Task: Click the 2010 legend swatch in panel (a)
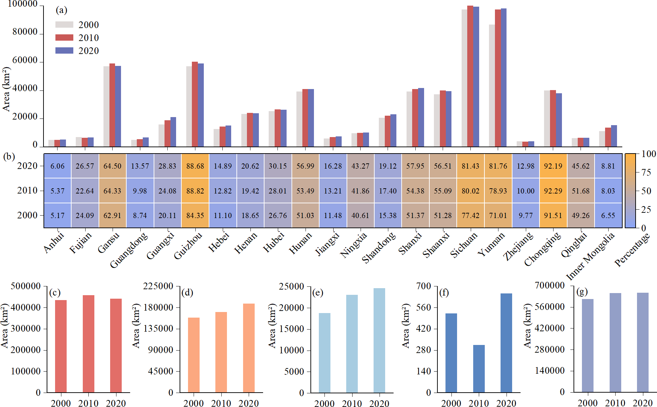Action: tap(64, 38)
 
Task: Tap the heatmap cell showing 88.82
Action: tap(195, 191)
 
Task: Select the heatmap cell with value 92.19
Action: tap(553, 166)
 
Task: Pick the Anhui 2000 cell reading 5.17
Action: tap(58, 215)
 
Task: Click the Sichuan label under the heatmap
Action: tap(464, 245)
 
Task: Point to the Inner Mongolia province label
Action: tap(591, 256)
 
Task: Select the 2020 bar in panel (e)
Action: tap(379, 340)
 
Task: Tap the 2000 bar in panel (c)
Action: tap(61, 346)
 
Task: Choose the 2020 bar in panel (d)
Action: tap(249, 348)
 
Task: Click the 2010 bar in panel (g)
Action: tap(615, 342)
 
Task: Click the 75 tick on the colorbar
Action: tap(646, 172)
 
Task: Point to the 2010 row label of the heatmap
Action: tap(27, 190)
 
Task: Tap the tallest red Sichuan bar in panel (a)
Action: tap(470, 76)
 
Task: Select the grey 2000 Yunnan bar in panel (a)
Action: tap(492, 85)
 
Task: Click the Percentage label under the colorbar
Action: tap(632, 250)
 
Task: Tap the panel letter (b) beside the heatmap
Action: tap(9, 156)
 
